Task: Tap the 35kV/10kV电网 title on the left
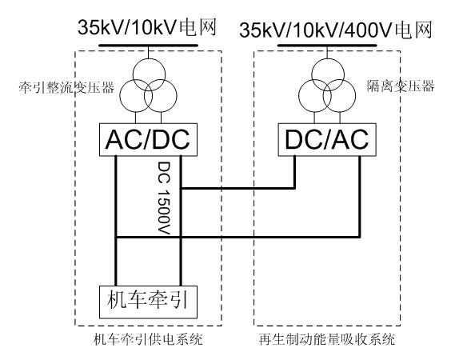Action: pyautogui.click(x=147, y=28)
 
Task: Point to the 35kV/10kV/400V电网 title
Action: pyautogui.click(x=336, y=30)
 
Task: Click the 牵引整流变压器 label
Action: pyautogui.click(x=66, y=87)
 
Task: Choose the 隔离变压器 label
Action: pyautogui.click(x=401, y=86)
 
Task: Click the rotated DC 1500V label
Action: pyautogui.click(x=164, y=198)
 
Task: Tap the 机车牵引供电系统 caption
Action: pyautogui.click(x=148, y=339)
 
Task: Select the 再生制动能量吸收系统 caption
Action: pyautogui.click(x=327, y=339)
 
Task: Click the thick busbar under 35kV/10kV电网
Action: pyautogui.click(x=148, y=46)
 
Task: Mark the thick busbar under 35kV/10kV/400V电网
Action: pyautogui.click(x=327, y=46)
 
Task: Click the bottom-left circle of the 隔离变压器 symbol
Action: pyautogui.click(x=299, y=96)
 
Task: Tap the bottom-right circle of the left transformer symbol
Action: pyautogui.click(x=177, y=96)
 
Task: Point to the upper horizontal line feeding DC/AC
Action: pyautogui.click(x=237, y=189)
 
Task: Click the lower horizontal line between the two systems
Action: pyautogui.click(x=237, y=237)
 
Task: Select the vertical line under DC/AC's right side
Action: pyautogui.click(x=360, y=197)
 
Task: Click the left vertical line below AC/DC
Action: pyautogui.click(x=116, y=221)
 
